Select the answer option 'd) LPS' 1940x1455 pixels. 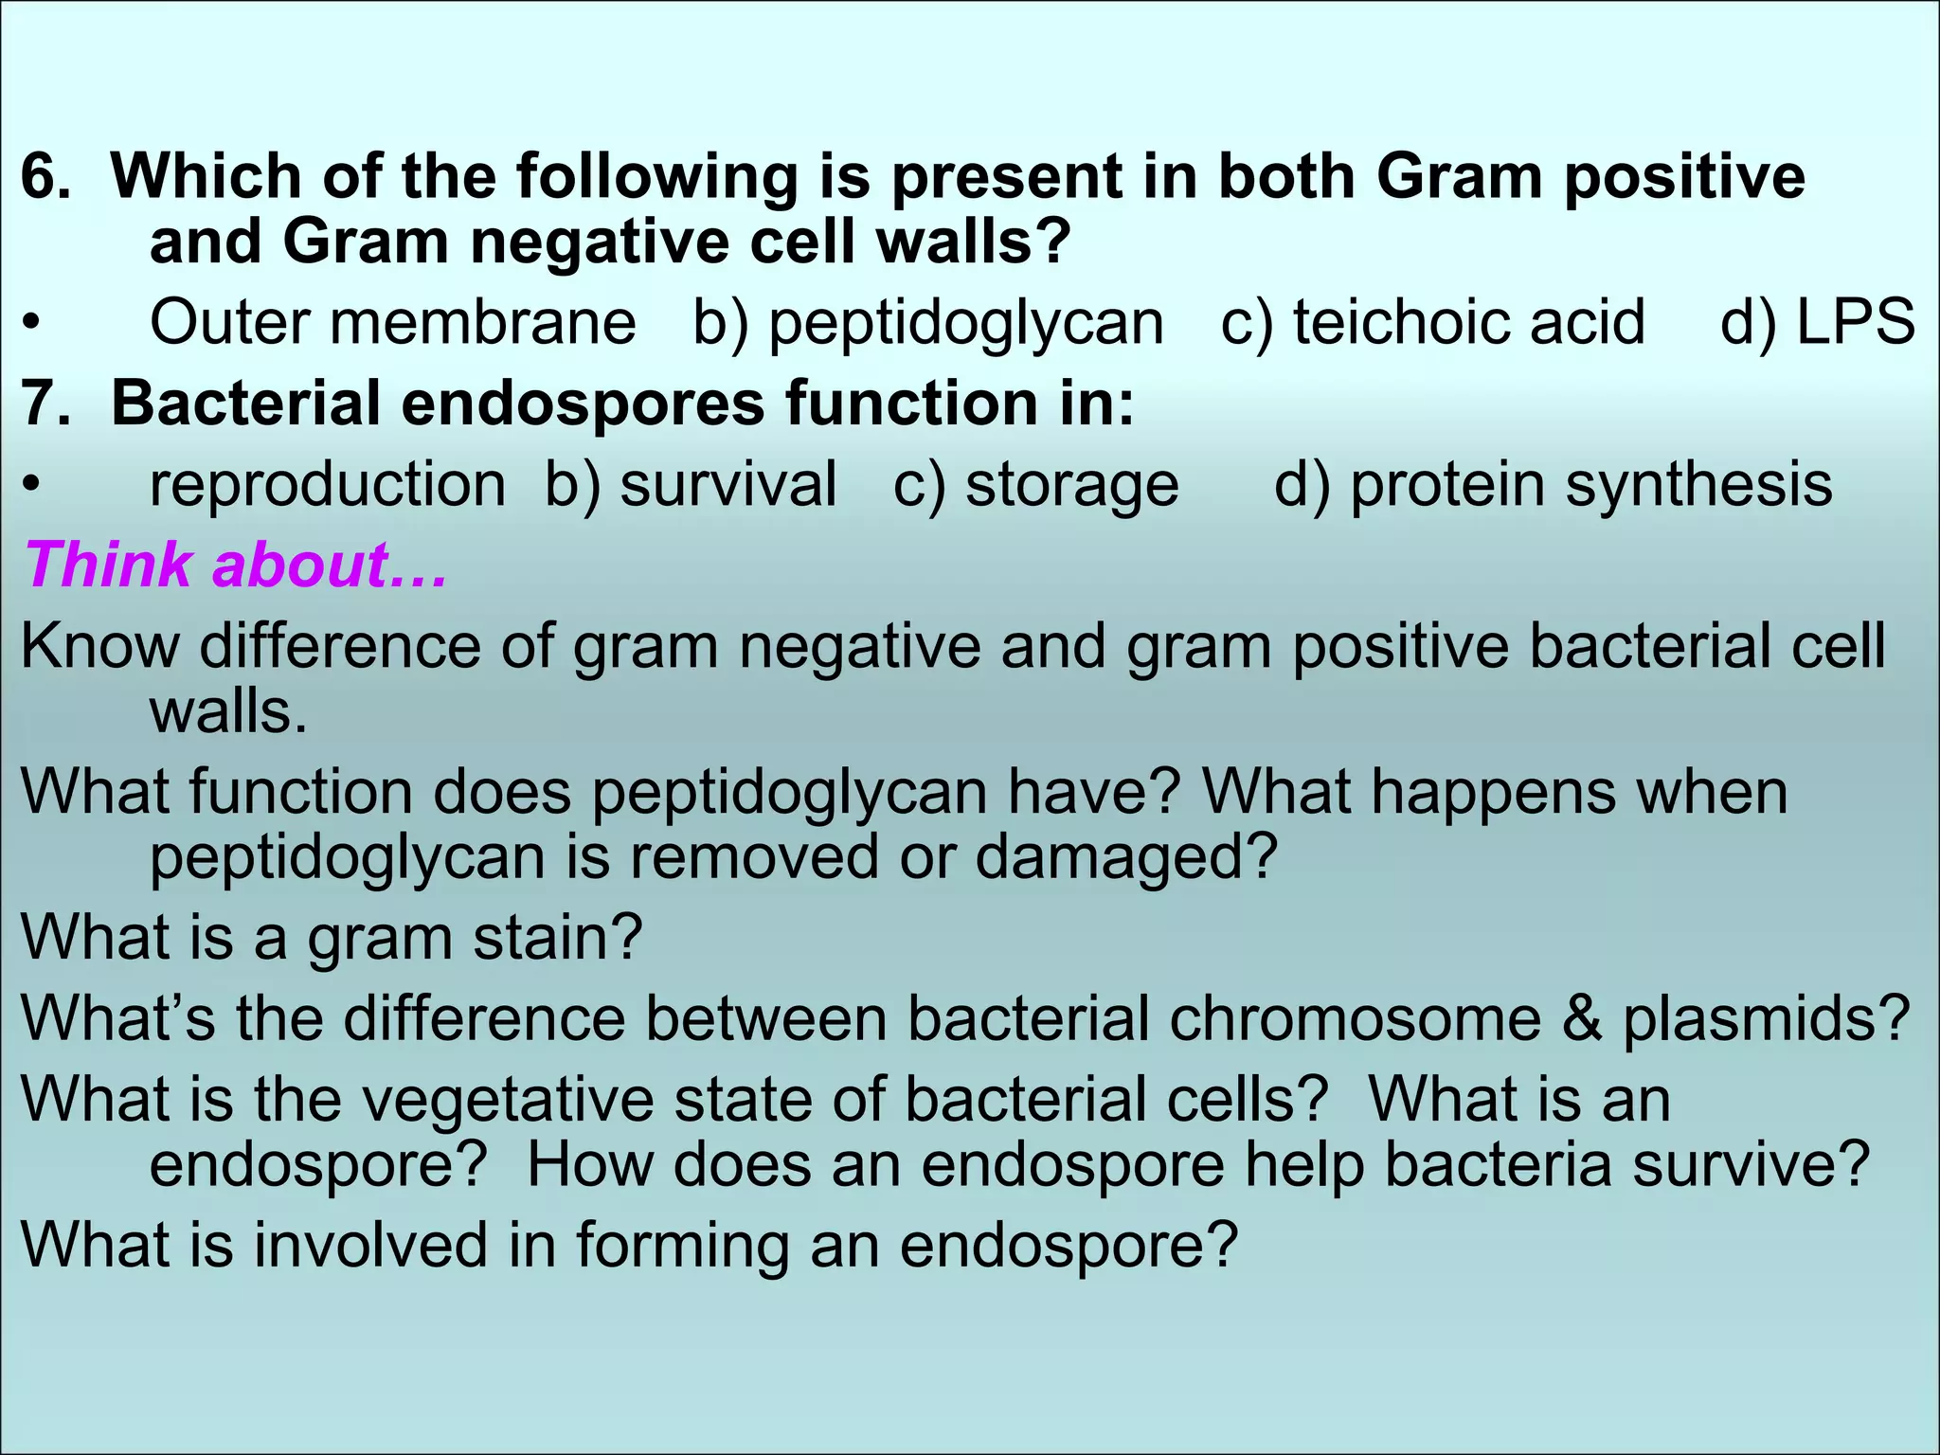coord(1817,322)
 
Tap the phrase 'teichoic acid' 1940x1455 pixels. coord(1469,322)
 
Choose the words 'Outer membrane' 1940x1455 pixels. coord(392,322)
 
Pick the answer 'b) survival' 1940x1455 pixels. coord(691,485)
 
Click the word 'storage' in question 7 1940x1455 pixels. coord(1071,485)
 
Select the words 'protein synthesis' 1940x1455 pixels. coord(1590,485)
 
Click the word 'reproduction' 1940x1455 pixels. coord(328,485)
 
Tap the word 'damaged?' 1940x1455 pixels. coord(1126,857)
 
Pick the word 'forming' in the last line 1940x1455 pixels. coord(683,1245)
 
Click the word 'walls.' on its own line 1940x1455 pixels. coord(228,712)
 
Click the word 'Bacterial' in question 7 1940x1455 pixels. coord(245,404)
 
